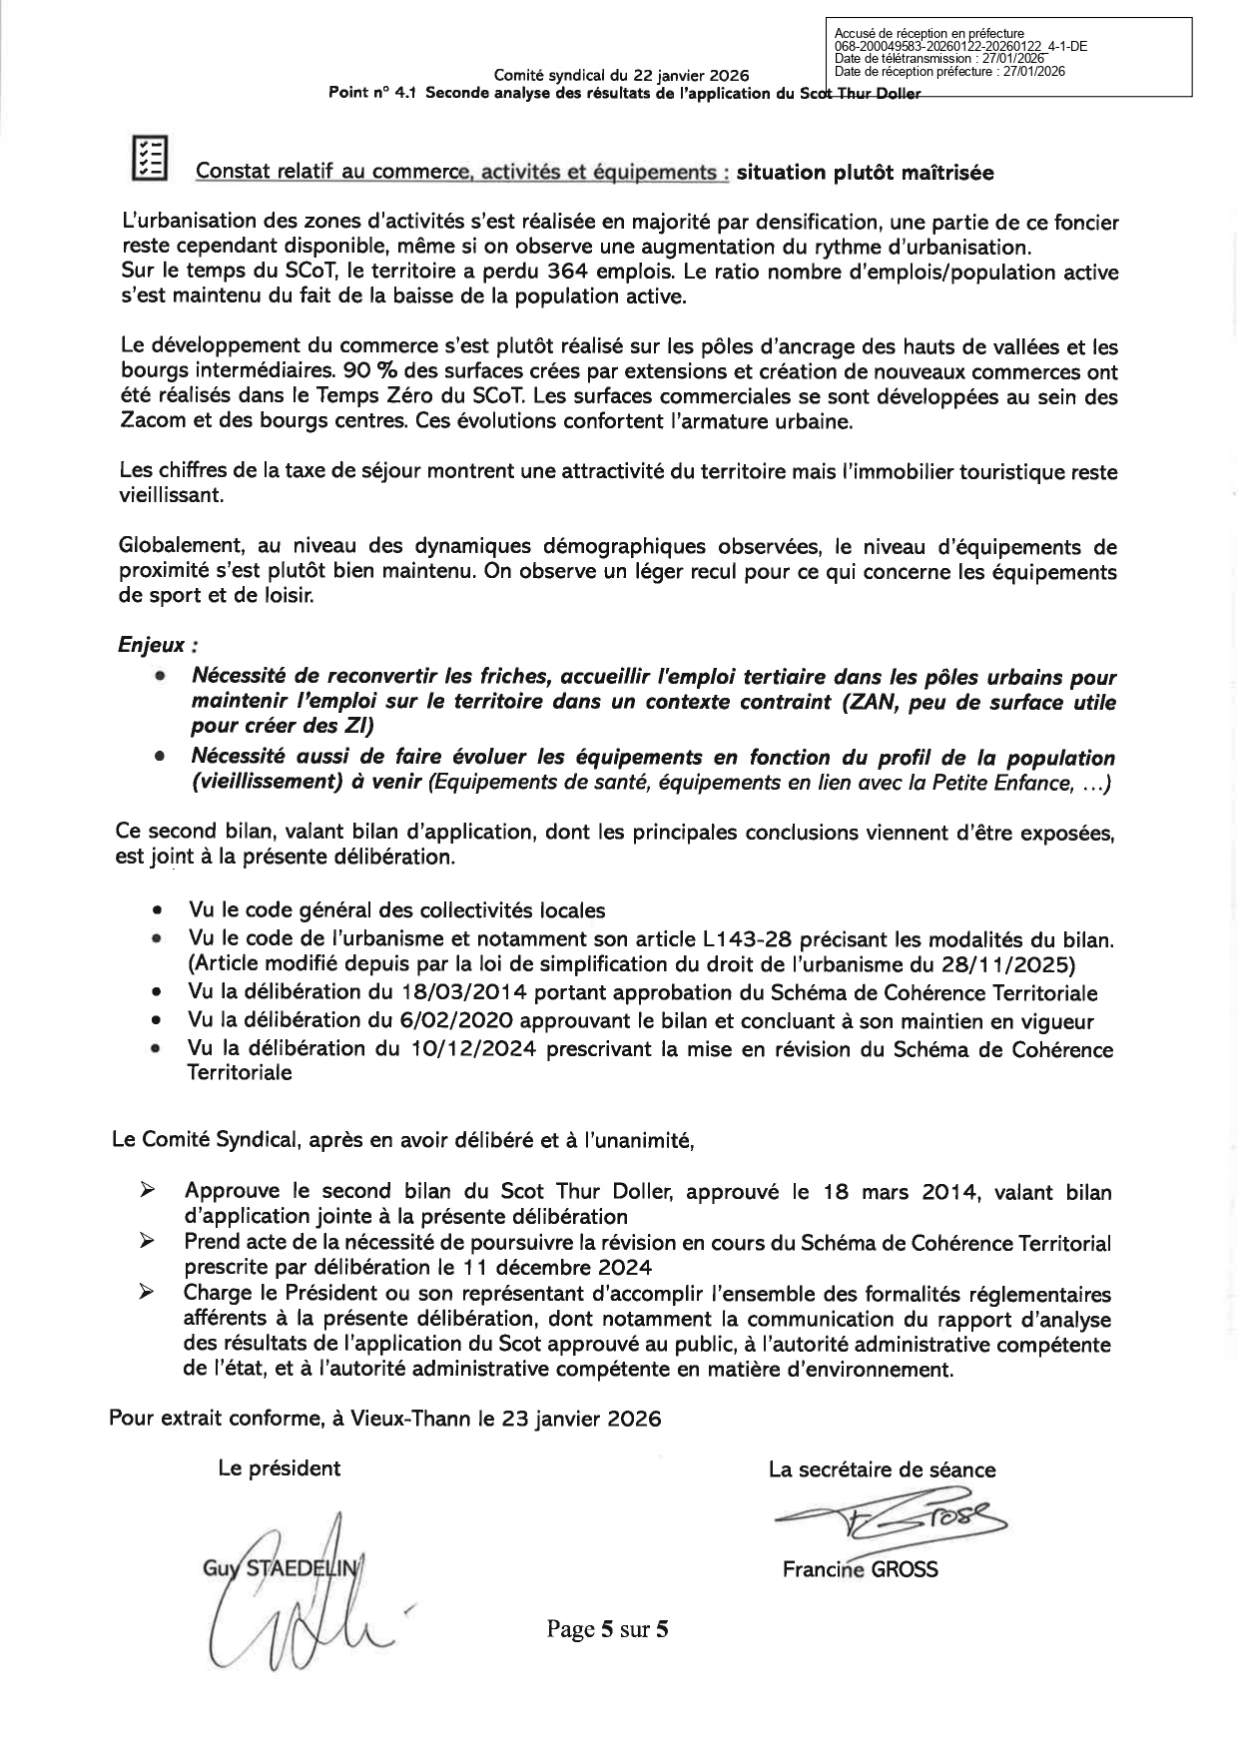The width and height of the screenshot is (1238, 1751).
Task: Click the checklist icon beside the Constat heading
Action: click(x=150, y=158)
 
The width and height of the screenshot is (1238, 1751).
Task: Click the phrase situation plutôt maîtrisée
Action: click(x=865, y=173)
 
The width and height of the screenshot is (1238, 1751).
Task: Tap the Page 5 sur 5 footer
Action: click(x=607, y=1630)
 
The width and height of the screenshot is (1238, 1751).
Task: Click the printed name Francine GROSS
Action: click(x=860, y=1569)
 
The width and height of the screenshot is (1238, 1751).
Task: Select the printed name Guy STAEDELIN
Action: click(x=279, y=1568)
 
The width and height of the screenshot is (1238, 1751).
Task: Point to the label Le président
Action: click(x=280, y=1467)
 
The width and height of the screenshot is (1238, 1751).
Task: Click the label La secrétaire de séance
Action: click(x=882, y=1469)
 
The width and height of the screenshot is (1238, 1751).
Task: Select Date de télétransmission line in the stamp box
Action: click(x=939, y=59)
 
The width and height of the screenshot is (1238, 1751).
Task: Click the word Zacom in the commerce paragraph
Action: click(x=151, y=422)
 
